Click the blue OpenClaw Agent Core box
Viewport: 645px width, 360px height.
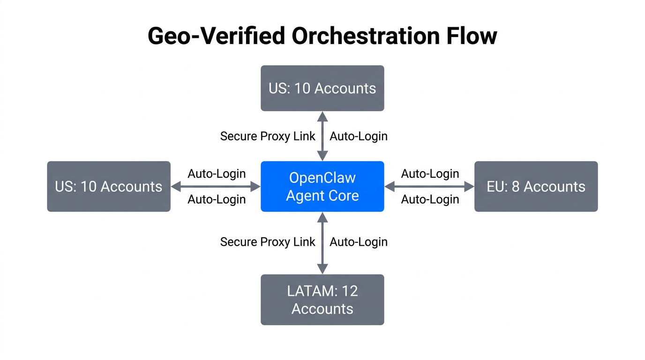pos(322,187)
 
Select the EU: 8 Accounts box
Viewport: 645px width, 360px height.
pos(536,187)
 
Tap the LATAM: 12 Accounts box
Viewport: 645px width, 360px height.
pos(322,300)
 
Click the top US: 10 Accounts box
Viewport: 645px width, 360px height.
pos(322,88)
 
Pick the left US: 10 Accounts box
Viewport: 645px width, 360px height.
pos(109,187)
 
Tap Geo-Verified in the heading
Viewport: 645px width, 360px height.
pos(217,36)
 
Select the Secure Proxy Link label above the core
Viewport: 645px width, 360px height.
pos(268,136)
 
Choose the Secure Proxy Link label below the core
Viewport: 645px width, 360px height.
pos(268,242)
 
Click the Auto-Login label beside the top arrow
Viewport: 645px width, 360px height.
pos(359,136)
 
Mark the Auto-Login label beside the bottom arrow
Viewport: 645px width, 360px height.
pos(359,242)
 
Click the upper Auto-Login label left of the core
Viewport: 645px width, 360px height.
pos(217,174)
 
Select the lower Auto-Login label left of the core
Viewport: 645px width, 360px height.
pos(217,199)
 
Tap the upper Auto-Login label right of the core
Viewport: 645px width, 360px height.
pos(430,174)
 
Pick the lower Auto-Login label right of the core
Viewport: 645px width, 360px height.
pos(430,199)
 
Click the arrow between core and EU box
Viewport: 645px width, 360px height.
pos(429,187)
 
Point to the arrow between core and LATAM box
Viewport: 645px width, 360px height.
pos(322,243)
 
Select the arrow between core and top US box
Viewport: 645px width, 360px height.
pos(322,136)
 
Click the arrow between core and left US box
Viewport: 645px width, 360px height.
pos(216,187)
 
